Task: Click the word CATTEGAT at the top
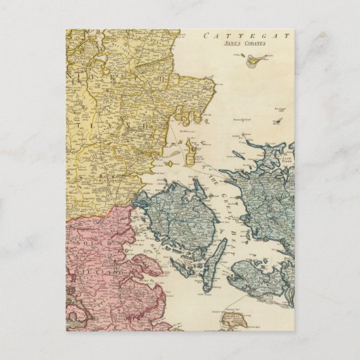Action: point(257,35)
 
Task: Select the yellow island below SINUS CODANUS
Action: point(254,61)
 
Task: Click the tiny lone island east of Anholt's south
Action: point(276,122)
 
